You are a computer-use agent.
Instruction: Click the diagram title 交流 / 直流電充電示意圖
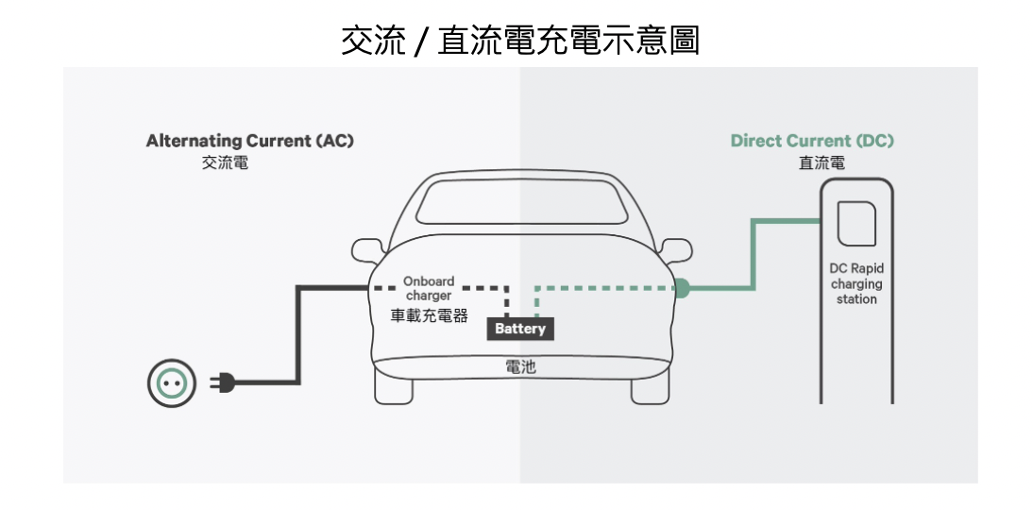pos(520,41)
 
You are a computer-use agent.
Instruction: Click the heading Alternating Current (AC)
pos(249,141)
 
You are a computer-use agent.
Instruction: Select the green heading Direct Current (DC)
pos(811,141)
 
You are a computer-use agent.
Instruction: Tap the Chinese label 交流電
pos(225,162)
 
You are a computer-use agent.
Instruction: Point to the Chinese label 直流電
pos(821,162)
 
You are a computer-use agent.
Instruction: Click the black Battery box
pos(520,329)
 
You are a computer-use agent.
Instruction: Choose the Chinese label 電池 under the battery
pos(520,366)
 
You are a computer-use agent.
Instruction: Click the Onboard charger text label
pos(429,288)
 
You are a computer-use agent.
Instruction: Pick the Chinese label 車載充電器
pos(430,315)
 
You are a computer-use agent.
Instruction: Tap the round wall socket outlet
pos(172,382)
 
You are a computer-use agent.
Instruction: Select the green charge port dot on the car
pos(682,287)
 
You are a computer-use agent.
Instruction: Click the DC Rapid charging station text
pos(855,283)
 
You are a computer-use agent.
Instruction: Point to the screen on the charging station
pos(855,224)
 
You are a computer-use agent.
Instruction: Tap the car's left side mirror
pos(366,249)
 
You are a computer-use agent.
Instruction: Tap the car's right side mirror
pos(675,249)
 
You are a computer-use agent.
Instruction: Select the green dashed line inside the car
pos(604,287)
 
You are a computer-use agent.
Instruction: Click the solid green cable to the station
pos(753,255)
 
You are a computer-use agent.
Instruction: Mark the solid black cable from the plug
pos(298,340)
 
